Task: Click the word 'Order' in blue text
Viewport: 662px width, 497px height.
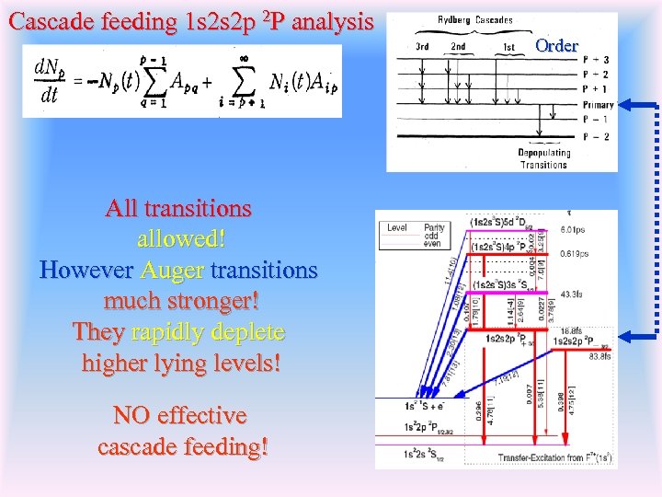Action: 556,45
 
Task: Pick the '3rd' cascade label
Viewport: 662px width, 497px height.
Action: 422,46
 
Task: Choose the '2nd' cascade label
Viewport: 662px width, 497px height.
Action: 458,46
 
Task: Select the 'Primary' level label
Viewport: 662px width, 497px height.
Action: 599,105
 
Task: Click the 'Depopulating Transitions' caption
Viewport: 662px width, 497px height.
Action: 543,158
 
